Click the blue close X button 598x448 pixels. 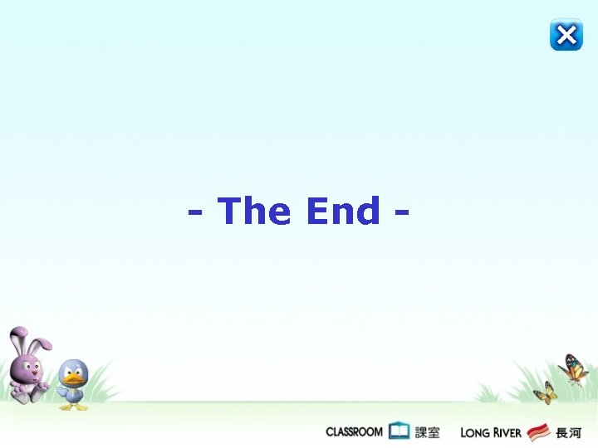pyautogui.click(x=566, y=35)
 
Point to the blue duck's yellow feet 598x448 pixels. pyautogui.click(x=73, y=406)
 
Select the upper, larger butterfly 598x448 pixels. pyautogui.click(x=574, y=369)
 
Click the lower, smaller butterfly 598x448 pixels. pyautogui.click(x=545, y=392)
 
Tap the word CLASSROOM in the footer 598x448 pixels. pyautogui.click(x=354, y=431)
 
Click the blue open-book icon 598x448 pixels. pyautogui.click(x=399, y=431)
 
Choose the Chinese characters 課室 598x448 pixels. pyautogui.click(x=427, y=431)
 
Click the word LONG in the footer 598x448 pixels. pyautogui.click(x=475, y=432)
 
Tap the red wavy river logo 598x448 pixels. pyautogui.click(x=538, y=431)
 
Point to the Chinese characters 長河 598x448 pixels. pyautogui.click(x=568, y=431)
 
